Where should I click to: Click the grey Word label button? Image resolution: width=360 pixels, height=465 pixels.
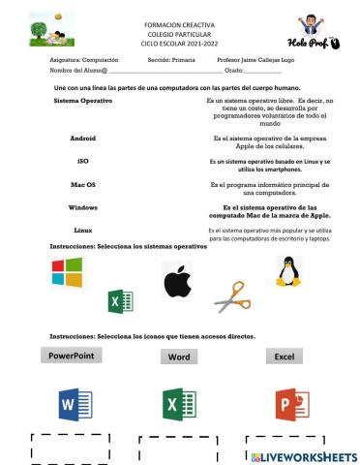click(x=179, y=356)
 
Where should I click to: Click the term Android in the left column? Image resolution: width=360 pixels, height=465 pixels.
click(x=82, y=138)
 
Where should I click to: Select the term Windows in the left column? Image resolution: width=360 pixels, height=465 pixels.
click(x=83, y=207)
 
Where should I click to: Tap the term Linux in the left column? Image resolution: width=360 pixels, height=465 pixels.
click(x=83, y=230)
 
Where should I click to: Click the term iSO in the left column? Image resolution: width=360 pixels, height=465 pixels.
click(x=83, y=161)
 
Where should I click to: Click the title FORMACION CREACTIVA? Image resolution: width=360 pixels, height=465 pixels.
click(x=179, y=21)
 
